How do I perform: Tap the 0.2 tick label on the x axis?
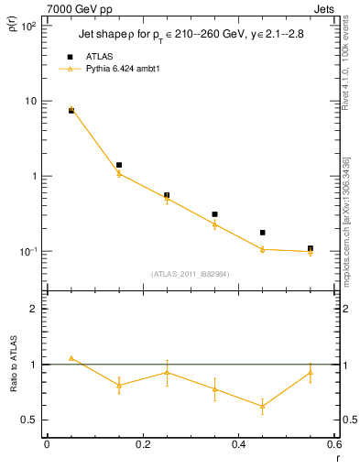pyautogui.click(x=142, y=444)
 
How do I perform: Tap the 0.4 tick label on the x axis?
pyautogui.click(x=238, y=444)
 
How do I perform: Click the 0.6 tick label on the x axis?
pyautogui.click(x=333, y=444)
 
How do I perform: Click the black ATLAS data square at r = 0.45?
pyautogui.click(x=263, y=233)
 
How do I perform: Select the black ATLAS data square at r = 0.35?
pyautogui.click(x=214, y=214)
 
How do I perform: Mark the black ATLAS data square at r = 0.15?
pyautogui.click(x=119, y=165)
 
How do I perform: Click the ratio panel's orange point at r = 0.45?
pyautogui.click(x=263, y=406)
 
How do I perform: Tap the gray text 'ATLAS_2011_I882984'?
pyautogui.click(x=190, y=274)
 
